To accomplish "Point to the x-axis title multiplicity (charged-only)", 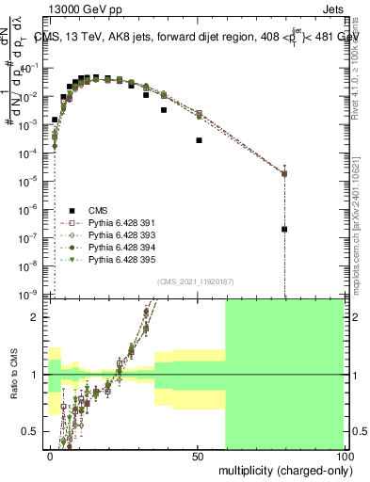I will click(x=282, y=470).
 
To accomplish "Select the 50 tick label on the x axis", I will click(x=198, y=457).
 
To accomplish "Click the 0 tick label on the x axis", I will click(x=50, y=457).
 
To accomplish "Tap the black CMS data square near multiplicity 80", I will click(x=284, y=229).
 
